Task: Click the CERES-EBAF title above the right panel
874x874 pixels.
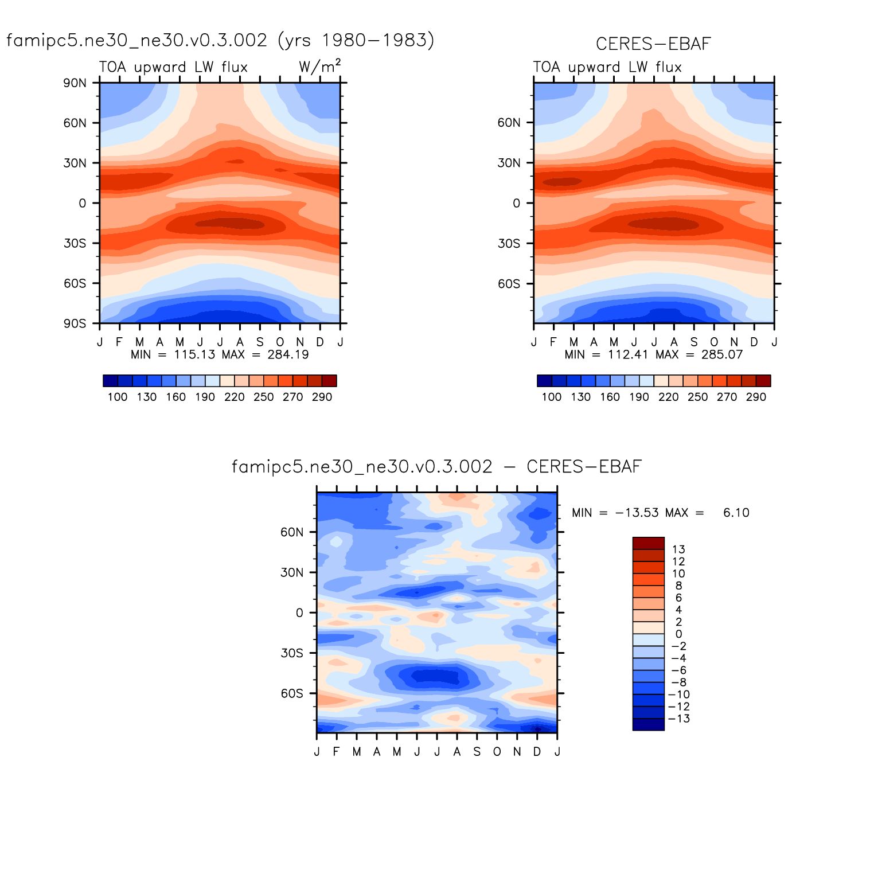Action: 653,44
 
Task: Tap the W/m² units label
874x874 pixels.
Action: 319,67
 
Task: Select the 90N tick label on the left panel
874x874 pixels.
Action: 75,83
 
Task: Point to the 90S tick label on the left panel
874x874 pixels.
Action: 75,323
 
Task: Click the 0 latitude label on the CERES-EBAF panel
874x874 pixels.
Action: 516,203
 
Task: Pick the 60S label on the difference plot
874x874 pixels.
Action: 292,693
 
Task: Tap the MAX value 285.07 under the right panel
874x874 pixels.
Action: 722,354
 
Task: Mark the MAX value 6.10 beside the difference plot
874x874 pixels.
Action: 736,513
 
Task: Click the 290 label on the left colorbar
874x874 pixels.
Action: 322,397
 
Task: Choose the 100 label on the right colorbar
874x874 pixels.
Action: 552,397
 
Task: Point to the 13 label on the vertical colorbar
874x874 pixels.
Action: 678,549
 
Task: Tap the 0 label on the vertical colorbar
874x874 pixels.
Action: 678,634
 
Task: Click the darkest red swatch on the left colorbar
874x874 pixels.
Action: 329,381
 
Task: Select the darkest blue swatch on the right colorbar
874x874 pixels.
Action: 544,381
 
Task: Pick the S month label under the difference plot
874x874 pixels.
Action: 477,751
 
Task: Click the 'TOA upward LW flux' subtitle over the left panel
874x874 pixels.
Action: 173,67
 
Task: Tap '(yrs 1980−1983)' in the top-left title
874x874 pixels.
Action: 356,40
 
